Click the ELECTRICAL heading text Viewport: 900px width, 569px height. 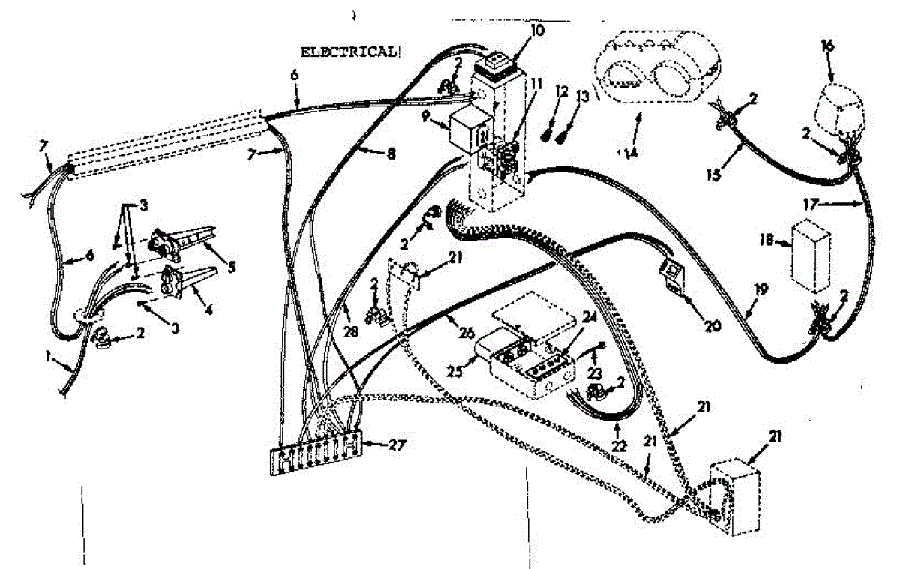347,52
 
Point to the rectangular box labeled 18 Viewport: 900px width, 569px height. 811,256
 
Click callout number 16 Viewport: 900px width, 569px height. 827,46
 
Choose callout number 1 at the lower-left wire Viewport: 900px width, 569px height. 49,359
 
